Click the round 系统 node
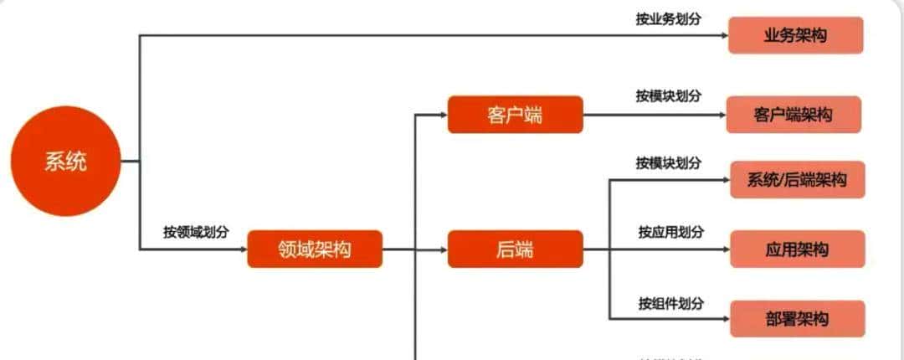[65, 161]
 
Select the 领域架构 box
[315, 249]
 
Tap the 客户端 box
[515, 115]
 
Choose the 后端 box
[515, 249]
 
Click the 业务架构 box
[795, 35]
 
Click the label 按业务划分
[668, 18]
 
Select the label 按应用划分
[670, 231]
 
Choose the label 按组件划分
[670, 302]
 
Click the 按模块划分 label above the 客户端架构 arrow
[668, 95]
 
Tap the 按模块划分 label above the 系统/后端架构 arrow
[668, 162]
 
